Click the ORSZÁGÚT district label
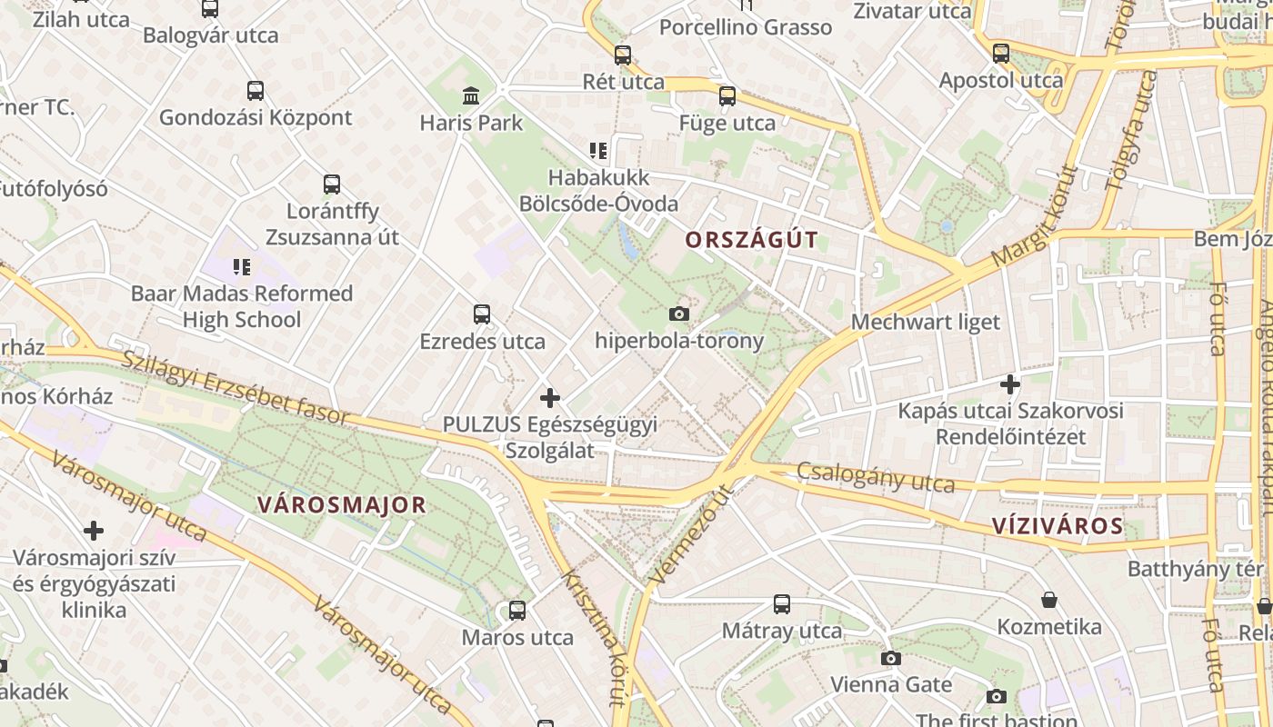(x=751, y=240)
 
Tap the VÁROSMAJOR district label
(x=341, y=505)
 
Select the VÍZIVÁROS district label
(x=1057, y=525)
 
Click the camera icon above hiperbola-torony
(x=678, y=314)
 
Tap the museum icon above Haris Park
(x=471, y=95)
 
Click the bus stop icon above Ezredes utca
(x=482, y=314)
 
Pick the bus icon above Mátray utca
(x=781, y=603)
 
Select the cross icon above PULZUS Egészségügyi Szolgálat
(x=549, y=398)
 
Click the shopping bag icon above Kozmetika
(x=1049, y=600)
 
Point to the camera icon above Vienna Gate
(x=890, y=658)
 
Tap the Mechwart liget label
(x=925, y=322)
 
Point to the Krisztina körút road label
(x=596, y=637)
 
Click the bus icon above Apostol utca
(x=1000, y=53)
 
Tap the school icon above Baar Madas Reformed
(x=241, y=267)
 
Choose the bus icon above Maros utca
(x=516, y=611)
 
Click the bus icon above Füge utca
(x=727, y=96)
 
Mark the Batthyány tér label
(x=1195, y=569)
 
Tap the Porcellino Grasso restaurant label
(x=745, y=27)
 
